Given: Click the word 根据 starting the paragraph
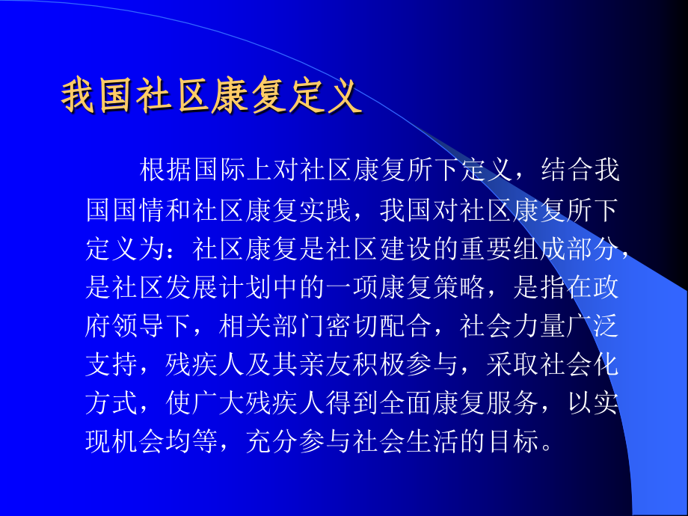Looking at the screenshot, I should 165,171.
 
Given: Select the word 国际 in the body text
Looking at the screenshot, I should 219,171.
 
